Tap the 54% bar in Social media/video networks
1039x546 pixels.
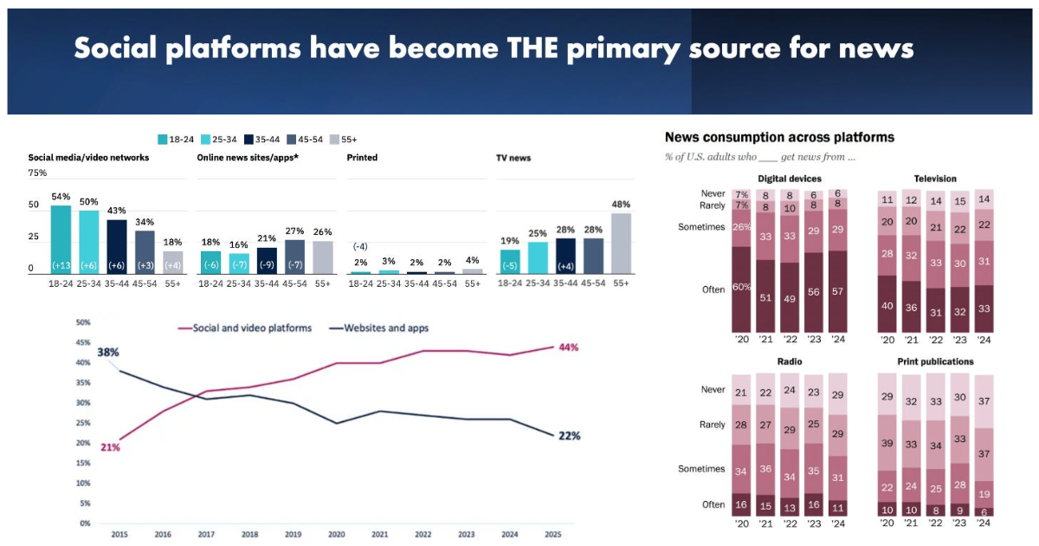click(61, 239)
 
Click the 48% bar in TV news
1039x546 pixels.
click(621, 244)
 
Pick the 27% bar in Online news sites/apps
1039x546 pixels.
click(294, 257)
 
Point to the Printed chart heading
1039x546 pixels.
click(362, 158)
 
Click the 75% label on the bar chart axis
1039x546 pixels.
click(37, 172)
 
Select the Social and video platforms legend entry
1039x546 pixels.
click(247, 328)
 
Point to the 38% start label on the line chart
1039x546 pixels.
click(108, 353)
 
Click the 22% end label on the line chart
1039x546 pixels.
click(568, 435)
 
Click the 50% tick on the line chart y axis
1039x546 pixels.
click(83, 322)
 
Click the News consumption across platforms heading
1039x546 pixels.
click(779, 137)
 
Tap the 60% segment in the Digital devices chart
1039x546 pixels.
click(741, 289)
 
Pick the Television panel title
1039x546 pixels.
click(935, 179)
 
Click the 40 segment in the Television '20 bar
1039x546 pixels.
click(887, 305)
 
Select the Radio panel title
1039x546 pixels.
click(790, 361)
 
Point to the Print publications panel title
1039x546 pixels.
click(935, 361)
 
